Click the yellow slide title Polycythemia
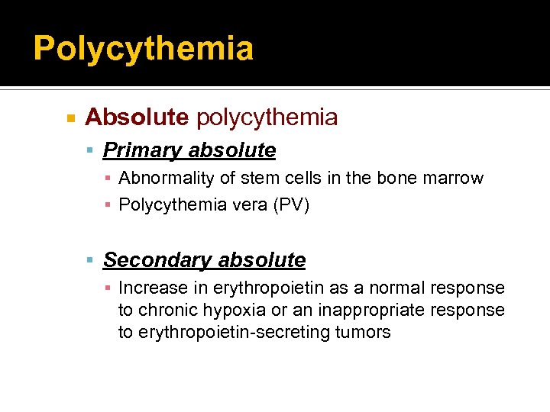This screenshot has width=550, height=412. point(143,48)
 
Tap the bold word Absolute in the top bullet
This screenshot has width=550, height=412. point(137,117)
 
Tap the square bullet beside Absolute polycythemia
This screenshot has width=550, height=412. point(70,118)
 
